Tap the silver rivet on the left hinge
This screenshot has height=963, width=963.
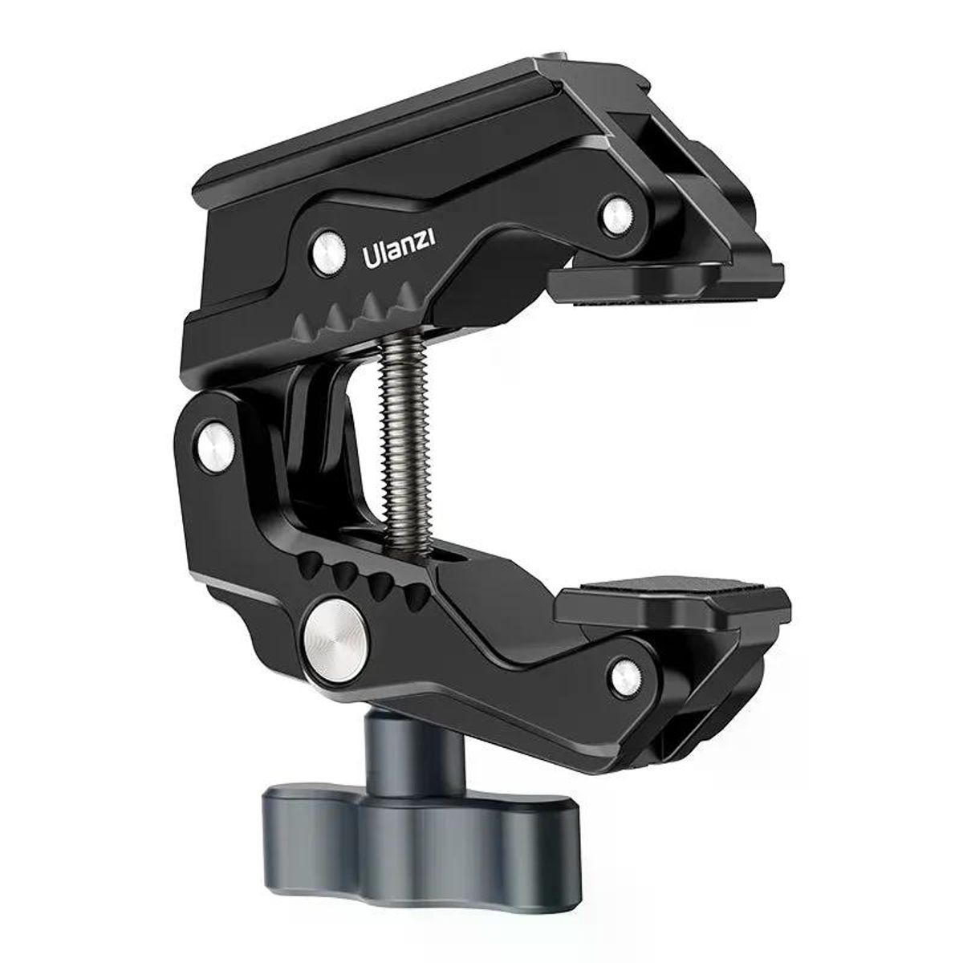215,441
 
